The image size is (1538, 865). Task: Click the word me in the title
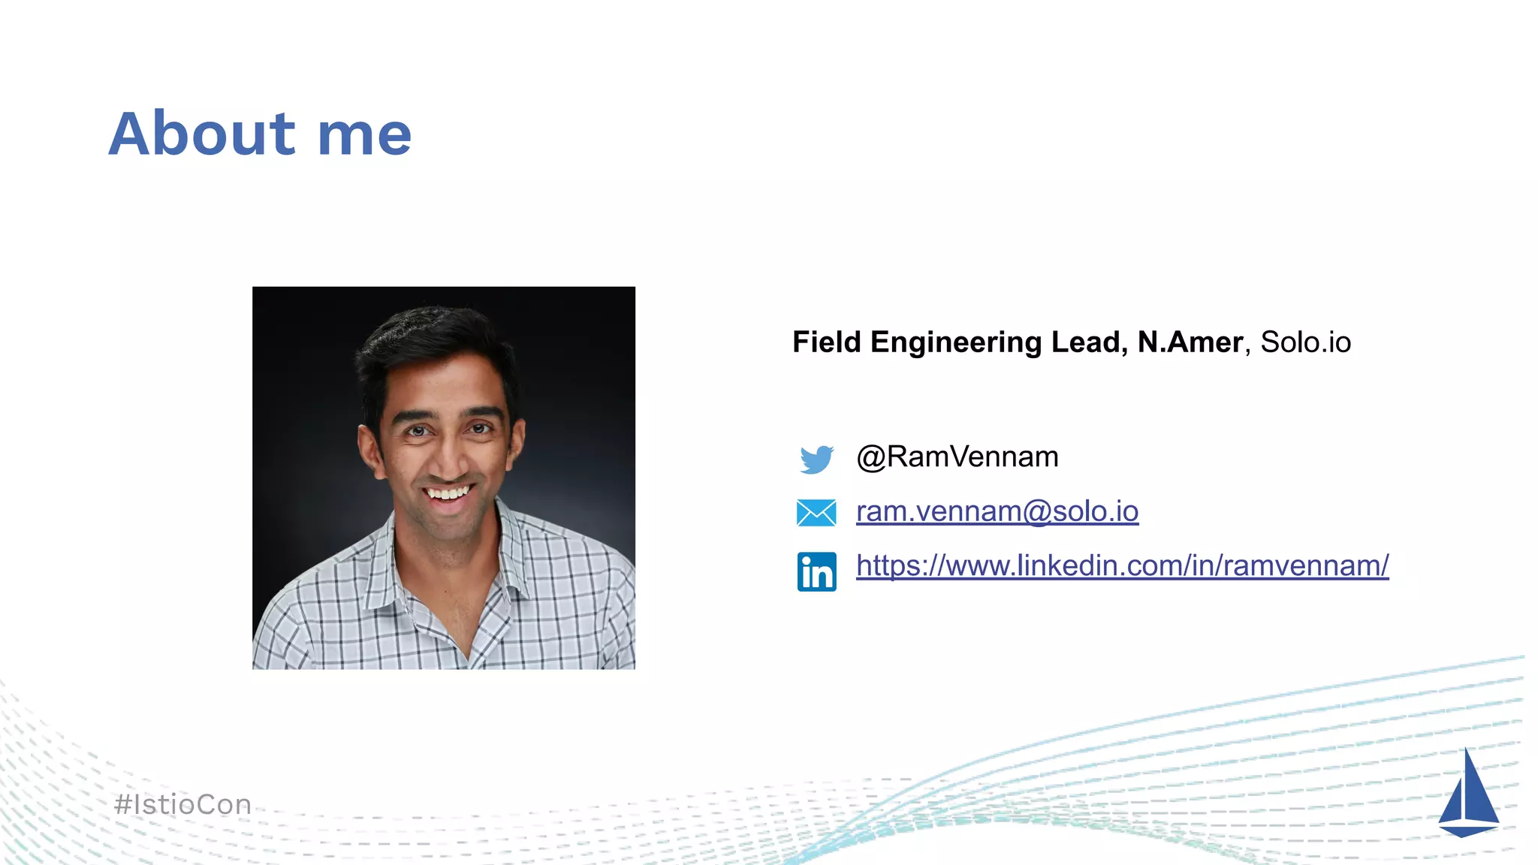[x=364, y=135]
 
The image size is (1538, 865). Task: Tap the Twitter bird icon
[x=816, y=459]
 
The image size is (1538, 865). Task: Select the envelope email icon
[x=816, y=513]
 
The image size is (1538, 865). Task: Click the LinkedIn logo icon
[x=816, y=571]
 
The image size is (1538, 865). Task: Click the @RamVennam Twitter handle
[x=957, y=457]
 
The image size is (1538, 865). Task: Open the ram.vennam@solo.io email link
[x=997, y=511]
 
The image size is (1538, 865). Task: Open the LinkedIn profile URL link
[x=1122, y=565]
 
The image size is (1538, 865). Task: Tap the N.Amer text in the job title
[x=1190, y=342]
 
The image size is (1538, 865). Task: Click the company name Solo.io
[x=1305, y=342]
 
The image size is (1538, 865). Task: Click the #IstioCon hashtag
[x=182, y=805]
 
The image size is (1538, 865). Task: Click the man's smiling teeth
[x=448, y=493]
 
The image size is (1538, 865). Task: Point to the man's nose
[x=448, y=458]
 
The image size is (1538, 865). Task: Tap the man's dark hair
[x=436, y=338]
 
